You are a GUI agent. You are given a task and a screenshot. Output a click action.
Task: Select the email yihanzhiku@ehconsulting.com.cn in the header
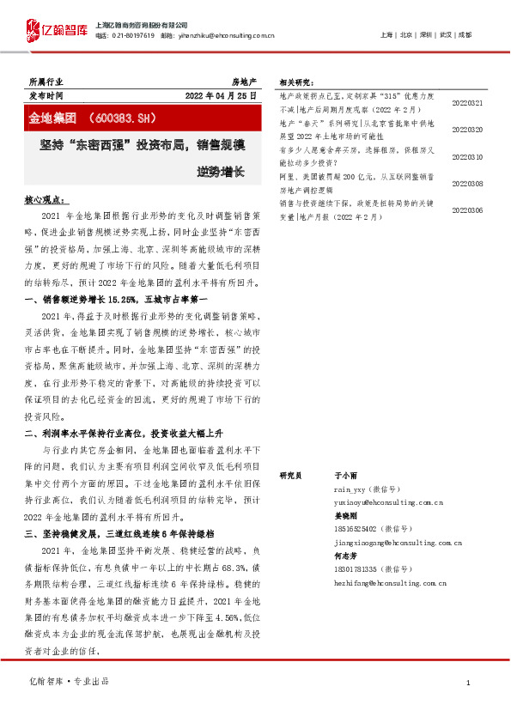[x=229, y=36]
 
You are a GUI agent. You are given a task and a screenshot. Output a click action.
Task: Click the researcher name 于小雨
[x=344, y=475]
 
